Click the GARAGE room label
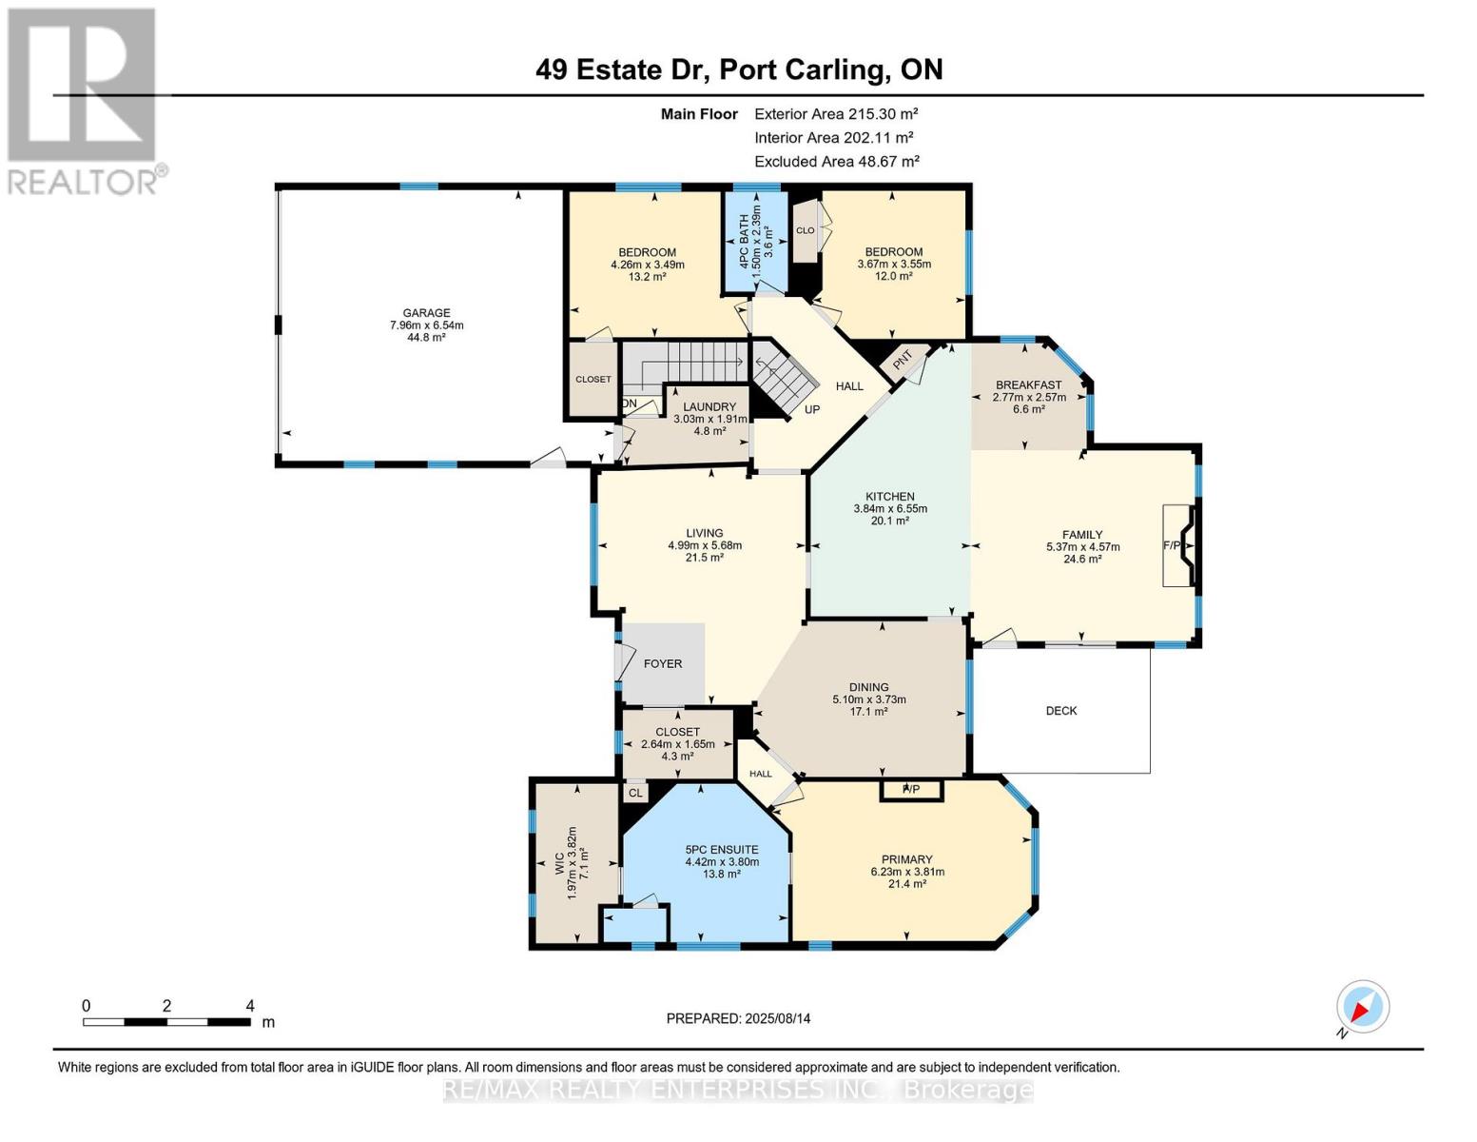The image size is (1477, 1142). tap(426, 313)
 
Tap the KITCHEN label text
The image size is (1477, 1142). tap(890, 497)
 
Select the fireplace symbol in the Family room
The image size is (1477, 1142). tap(1179, 544)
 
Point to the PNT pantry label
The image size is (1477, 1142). tap(903, 362)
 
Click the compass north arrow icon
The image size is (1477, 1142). tap(1362, 1007)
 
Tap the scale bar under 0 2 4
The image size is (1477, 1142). tap(166, 1021)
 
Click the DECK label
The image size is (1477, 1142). tap(1061, 711)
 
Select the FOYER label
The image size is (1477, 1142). tap(663, 664)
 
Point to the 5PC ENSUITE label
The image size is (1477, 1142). tap(722, 850)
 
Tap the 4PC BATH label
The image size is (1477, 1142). tap(744, 242)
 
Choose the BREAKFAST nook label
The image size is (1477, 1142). tap(1028, 385)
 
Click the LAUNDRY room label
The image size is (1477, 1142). tap(709, 406)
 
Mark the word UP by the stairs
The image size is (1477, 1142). tap(812, 409)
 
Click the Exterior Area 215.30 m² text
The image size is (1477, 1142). tap(836, 114)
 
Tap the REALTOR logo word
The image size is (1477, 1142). tap(82, 183)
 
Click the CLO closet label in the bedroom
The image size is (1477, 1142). tap(805, 230)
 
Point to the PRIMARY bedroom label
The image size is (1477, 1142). tap(906, 859)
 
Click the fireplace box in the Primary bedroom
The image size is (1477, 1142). tap(911, 790)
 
